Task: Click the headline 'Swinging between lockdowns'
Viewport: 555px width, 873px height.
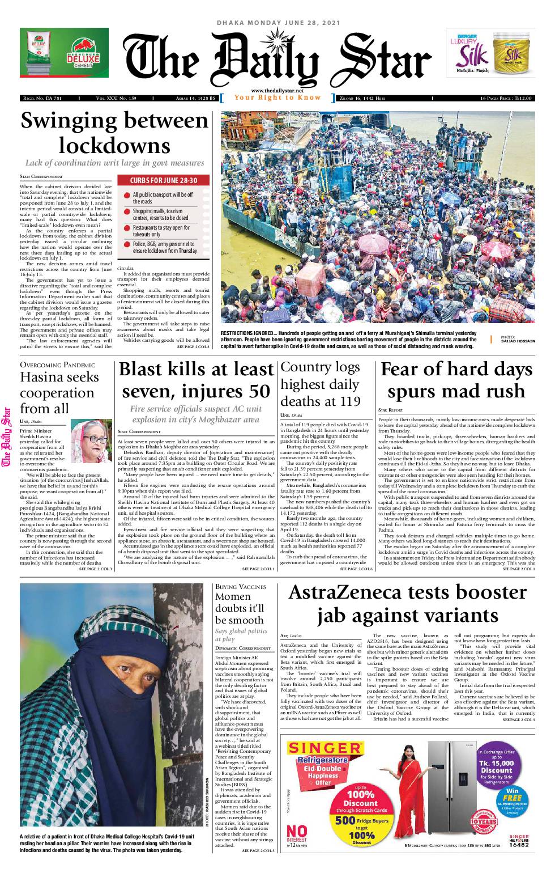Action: (114, 133)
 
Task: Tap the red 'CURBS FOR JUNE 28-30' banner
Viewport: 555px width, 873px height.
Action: (164, 180)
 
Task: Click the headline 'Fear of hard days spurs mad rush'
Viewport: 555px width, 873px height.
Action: (456, 380)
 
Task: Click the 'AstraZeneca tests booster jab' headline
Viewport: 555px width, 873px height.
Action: (407, 604)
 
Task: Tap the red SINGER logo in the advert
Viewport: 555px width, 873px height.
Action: (324, 748)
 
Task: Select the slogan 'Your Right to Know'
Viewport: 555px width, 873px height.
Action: (277, 98)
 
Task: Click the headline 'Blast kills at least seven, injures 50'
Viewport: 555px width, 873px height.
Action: (196, 380)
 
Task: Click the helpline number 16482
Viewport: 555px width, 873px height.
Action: (519, 845)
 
